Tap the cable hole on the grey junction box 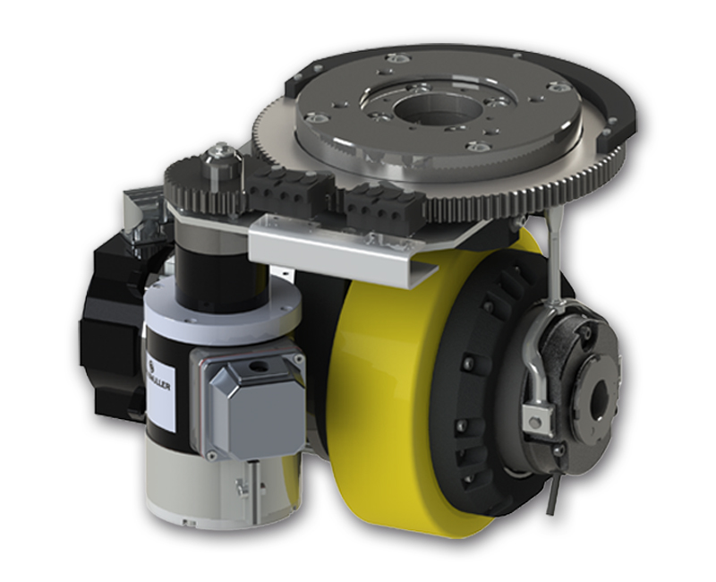(x=260, y=366)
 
